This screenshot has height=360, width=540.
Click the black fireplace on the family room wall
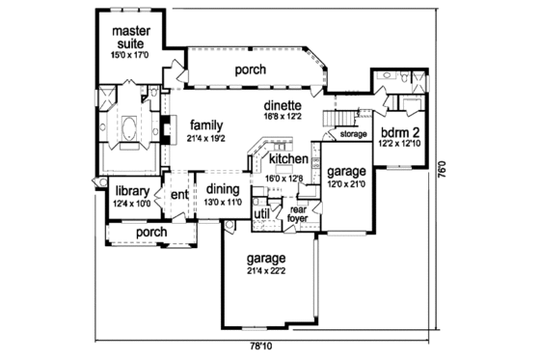(x=165, y=127)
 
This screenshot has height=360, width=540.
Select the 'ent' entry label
(x=179, y=195)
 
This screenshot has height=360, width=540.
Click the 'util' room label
(x=261, y=214)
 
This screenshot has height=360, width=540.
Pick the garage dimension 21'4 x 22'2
(x=265, y=272)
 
